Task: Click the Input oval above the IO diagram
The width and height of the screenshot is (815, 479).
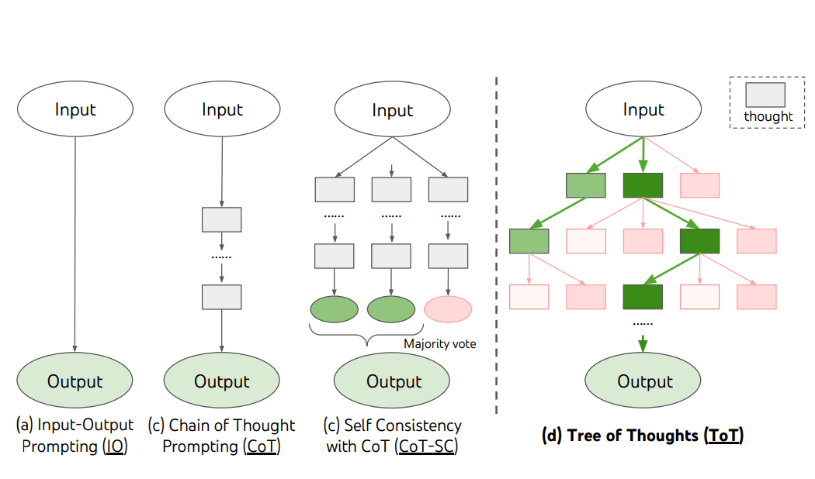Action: point(75,109)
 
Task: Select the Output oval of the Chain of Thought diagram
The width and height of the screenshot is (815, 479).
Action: point(222,381)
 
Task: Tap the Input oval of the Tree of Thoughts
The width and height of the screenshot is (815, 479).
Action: point(643,109)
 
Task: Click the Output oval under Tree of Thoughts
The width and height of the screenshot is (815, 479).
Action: point(643,381)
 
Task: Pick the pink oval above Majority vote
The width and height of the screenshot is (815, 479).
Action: point(448,309)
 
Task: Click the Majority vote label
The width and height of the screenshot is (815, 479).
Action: point(440,343)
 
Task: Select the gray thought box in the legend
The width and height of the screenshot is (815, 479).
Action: point(765,95)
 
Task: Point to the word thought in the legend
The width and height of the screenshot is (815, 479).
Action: point(768,116)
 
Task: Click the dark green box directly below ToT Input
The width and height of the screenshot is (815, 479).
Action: point(643,185)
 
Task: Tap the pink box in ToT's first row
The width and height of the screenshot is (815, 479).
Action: point(699,185)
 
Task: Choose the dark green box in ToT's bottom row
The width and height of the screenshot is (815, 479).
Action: point(643,297)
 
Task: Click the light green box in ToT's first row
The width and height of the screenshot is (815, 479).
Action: point(586,185)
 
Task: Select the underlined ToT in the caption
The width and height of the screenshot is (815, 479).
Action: point(723,435)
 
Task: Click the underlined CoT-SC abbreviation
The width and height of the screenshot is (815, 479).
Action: point(427,446)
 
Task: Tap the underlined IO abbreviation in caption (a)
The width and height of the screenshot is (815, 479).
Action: point(115,446)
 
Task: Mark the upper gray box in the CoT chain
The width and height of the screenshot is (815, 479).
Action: point(222,219)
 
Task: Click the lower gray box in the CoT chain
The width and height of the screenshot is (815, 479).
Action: point(222,297)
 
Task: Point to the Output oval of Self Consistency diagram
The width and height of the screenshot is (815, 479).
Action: point(392,381)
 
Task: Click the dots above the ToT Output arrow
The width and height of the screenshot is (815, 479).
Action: point(643,324)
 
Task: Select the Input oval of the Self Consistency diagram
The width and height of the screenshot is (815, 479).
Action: point(393,109)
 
